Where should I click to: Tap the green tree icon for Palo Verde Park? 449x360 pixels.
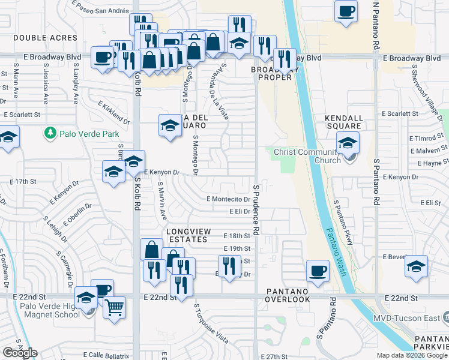[52, 132]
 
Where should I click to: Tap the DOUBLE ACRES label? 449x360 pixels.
[38, 37]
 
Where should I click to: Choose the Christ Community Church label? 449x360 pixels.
[307, 156]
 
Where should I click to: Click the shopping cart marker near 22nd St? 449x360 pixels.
[114, 308]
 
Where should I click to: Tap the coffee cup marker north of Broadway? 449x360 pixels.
[346, 11]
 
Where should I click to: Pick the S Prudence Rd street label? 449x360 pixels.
[256, 210]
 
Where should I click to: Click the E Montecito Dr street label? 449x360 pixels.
[228, 199]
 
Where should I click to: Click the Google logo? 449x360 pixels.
[20, 353]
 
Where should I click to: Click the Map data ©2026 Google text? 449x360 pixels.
[412, 355]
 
